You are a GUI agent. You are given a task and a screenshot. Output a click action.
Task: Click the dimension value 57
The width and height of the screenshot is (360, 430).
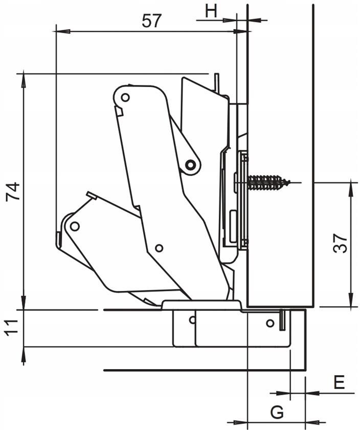click(x=152, y=20)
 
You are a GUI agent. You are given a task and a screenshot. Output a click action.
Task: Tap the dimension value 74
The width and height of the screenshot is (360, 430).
click(x=13, y=191)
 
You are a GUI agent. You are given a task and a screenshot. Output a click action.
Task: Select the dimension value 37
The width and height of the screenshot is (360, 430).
click(x=341, y=243)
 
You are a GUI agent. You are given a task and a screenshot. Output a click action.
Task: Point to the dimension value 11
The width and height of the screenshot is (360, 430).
click(x=11, y=326)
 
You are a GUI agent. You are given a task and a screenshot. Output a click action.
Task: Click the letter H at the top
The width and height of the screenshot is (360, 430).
click(x=211, y=11)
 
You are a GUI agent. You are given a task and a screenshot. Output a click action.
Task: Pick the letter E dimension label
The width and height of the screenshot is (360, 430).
click(x=340, y=382)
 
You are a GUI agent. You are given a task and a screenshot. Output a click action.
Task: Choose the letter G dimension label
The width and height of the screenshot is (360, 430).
click(x=277, y=412)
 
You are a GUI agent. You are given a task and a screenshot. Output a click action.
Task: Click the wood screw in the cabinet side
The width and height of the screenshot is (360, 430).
click(x=268, y=182)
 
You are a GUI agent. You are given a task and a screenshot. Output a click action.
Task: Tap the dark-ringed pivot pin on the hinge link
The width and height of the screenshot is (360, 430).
click(x=190, y=165)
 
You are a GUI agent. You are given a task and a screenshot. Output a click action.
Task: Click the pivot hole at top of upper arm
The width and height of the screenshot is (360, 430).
click(x=125, y=97)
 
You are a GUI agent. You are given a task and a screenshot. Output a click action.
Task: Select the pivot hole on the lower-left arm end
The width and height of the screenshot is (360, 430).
click(x=75, y=226)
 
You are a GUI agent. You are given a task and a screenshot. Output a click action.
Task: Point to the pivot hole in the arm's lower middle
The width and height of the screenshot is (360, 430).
click(x=159, y=248)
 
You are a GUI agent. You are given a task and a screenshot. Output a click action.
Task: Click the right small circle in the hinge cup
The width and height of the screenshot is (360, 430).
click(x=270, y=324)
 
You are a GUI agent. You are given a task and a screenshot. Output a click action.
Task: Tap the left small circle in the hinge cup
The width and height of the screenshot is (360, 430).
click(x=192, y=320)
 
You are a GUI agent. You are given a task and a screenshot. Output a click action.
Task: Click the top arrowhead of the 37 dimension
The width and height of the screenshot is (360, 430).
click(x=351, y=189)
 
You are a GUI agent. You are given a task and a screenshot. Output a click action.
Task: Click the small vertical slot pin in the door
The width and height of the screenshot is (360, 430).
click(x=281, y=320)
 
